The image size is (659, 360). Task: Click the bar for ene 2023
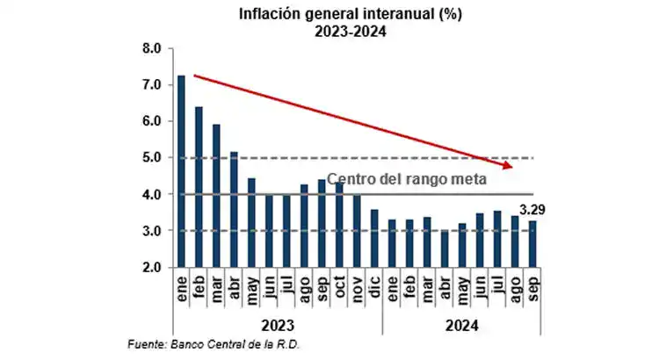pyautogui.click(x=181, y=171)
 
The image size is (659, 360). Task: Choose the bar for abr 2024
pyautogui.click(x=444, y=248)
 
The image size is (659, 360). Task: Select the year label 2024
pyautogui.click(x=461, y=324)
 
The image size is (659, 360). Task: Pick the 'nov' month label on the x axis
pyautogui.click(x=357, y=288)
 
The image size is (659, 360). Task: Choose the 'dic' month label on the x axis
pyautogui.click(x=374, y=288)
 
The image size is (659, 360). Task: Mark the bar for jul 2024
pyautogui.click(x=496, y=238)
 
